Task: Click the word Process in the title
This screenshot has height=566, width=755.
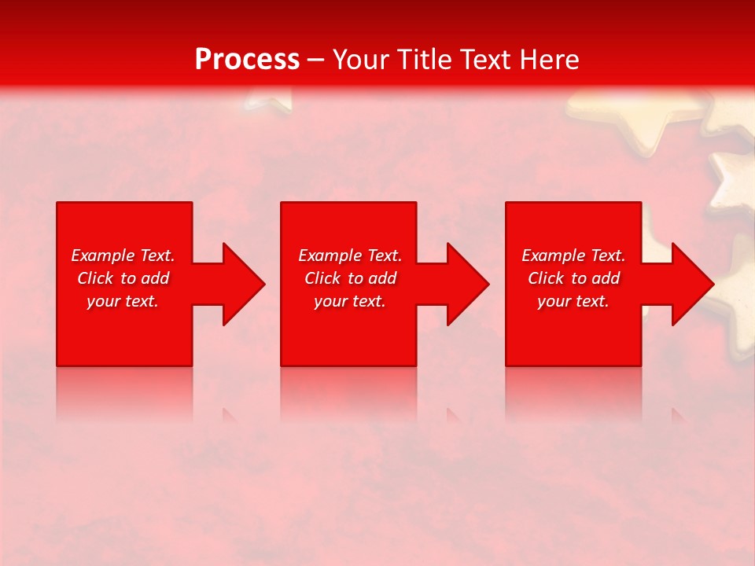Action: tap(247, 60)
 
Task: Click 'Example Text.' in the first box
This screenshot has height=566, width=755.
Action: tap(123, 255)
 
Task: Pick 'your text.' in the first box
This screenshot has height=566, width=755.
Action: tap(123, 301)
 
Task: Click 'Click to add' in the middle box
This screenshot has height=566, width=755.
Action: tap(350, 278)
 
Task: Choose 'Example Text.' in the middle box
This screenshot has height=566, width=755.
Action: tap(350, 255)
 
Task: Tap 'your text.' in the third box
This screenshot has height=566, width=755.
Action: tap(573, 301)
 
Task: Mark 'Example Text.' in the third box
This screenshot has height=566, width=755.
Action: tap(573, 255)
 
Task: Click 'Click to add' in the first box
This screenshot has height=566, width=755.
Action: tap(123, 278)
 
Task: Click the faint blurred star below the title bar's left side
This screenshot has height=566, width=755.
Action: tap(267, 99)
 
